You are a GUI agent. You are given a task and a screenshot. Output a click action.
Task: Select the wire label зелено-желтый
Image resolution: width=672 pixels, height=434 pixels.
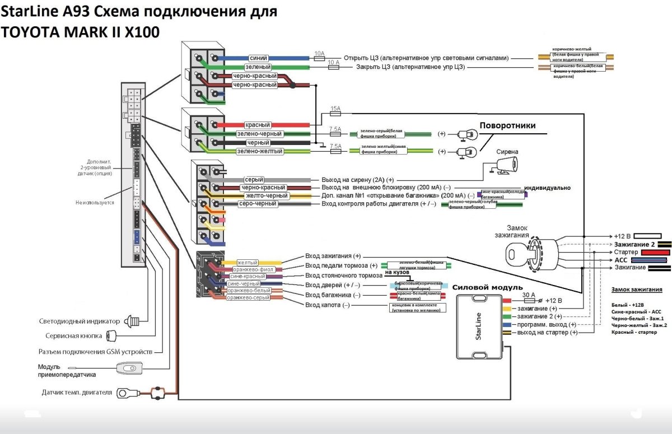tap(260, 151)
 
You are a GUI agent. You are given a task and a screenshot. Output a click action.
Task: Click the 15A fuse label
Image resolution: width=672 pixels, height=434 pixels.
tap(335, 109)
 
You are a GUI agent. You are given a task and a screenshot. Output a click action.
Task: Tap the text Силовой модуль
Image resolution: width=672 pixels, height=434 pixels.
tap(480, 287)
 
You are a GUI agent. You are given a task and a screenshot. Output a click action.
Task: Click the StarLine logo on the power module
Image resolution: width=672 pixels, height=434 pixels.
tap(479, 327)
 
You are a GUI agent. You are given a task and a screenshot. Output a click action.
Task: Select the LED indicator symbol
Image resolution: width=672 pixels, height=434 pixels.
tap(132, 321)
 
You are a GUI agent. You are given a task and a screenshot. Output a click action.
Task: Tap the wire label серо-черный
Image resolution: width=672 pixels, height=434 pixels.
tap(258, 204)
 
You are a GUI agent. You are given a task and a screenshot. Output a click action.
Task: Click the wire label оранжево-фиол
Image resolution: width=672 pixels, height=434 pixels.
tap(253, 269)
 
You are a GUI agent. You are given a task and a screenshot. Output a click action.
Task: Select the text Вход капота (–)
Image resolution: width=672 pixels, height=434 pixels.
tap(327, 305)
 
